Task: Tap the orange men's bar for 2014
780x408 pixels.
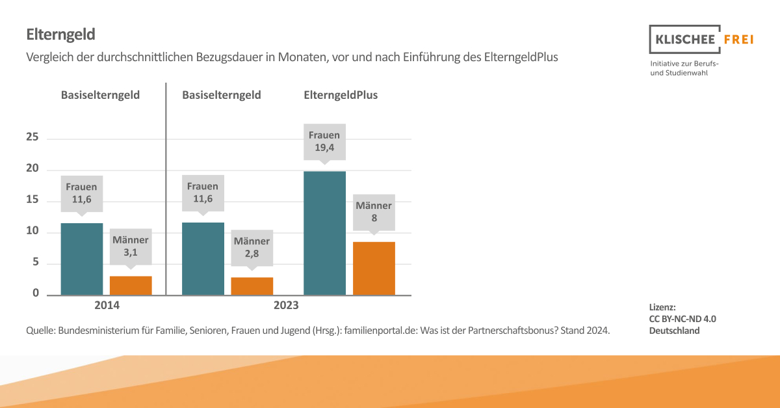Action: (131, 286)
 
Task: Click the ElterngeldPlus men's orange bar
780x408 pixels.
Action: (374, 268)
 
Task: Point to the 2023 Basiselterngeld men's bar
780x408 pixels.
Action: (252, 286)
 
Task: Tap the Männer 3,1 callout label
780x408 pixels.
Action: (131, 246)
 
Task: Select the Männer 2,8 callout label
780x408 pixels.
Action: (252, 247)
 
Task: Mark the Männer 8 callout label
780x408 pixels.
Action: (374, 212)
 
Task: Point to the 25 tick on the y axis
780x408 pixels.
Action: (32, 138)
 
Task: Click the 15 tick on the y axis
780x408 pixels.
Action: (32, 200)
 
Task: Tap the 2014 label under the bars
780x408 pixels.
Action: (107, 305)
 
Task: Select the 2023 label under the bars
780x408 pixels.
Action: (286, 305)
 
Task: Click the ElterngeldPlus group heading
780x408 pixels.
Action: (341, 95)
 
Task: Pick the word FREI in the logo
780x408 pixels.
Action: (738, 40)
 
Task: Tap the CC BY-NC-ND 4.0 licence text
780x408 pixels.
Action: (682, 319)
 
